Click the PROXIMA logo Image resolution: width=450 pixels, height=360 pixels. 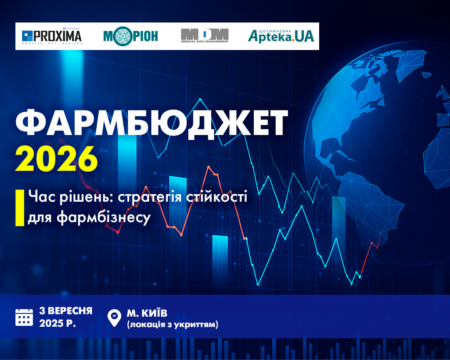click(x=52, y=36)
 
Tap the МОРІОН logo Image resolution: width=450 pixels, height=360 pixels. click(x=130, y=36)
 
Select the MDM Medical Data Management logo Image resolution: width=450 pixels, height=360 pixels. click(x=205, y=35)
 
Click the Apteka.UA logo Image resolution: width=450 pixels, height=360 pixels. click(x=281, y=36)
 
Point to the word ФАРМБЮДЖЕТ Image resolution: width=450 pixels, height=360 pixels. click(x=152, y=123)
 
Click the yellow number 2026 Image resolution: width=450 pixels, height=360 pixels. click(x=56, y=159)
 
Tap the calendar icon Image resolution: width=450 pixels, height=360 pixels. click(x=24, y=317)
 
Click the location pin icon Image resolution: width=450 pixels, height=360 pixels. click(x=114, y=318)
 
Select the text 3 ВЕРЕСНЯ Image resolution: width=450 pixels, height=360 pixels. click(x=66, y=310)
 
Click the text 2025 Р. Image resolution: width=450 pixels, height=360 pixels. click(x=57, y=323)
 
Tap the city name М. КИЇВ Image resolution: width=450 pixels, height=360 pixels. click(x=147, y=313)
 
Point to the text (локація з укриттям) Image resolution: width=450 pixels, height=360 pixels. click(x=172, y=325)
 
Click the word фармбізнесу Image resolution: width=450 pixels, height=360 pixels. click(x=104, y=217)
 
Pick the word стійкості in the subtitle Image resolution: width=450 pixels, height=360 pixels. click(x=217, y=197)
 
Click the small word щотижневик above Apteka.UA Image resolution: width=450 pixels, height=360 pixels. click(x=275, y=31)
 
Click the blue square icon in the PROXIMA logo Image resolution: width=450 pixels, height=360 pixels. click(x=27, y=36)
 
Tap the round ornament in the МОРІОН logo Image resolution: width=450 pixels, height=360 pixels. click(x=123, y=36)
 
